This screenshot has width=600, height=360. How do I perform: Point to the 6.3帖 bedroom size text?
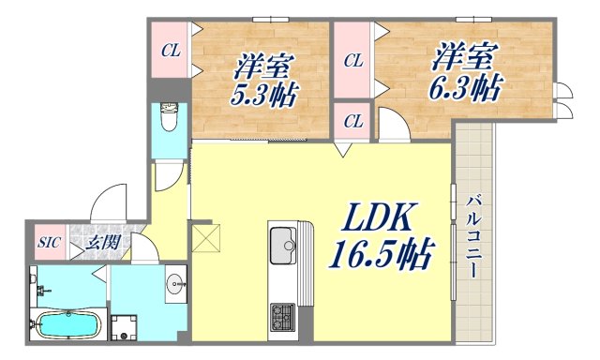pos(462,90)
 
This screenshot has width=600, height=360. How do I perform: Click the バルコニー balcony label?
pos(473,234)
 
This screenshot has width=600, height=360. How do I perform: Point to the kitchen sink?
pos(281,249)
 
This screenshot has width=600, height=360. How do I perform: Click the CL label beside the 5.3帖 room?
pos(171,51)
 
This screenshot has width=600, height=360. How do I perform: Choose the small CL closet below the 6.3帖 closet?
pos(352,121)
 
